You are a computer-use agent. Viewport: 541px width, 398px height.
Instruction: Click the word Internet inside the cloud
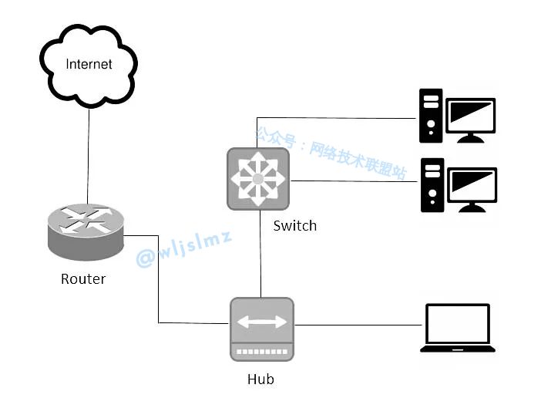point(89,64)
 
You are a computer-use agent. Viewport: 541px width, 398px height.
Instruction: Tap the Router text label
point(83,278)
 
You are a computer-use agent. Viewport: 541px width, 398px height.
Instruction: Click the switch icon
point(258,178)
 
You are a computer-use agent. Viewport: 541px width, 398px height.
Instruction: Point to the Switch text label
point(294,225)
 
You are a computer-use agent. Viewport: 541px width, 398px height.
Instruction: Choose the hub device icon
point(261,329)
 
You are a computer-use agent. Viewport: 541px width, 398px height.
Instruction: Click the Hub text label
point(260,379)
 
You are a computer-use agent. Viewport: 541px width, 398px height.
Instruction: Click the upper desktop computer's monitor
point(472,119)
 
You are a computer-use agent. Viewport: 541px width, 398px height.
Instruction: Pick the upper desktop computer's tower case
point(430,116)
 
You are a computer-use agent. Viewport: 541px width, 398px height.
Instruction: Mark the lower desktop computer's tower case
point(430,185)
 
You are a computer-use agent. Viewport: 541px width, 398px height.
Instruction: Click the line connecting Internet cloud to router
point(89,154)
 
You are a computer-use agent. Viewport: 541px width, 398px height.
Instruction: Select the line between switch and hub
point(260,255)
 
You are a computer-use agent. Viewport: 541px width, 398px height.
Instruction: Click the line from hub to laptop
point(358,324)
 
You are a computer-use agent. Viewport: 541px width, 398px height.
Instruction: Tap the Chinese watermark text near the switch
point(331,151)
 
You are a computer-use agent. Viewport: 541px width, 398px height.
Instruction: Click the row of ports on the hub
point(261,351)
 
